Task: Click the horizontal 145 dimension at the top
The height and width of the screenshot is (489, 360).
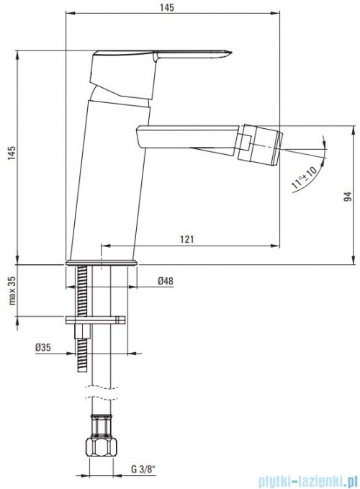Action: coord(167,7)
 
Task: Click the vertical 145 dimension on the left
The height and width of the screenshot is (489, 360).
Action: coord(12,153)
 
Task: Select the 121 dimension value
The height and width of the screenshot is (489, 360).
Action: coord(187,239)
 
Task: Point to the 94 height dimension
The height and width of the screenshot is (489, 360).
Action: coord(348,197)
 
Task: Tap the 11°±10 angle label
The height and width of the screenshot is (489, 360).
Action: coord(304,177)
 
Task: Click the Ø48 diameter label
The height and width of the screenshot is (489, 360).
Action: coord(165,281)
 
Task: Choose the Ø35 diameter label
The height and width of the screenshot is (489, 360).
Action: coord(43,347)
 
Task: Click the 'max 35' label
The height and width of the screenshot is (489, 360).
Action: coord(12,290)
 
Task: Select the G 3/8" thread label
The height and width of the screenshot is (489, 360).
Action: coord(143,469)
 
